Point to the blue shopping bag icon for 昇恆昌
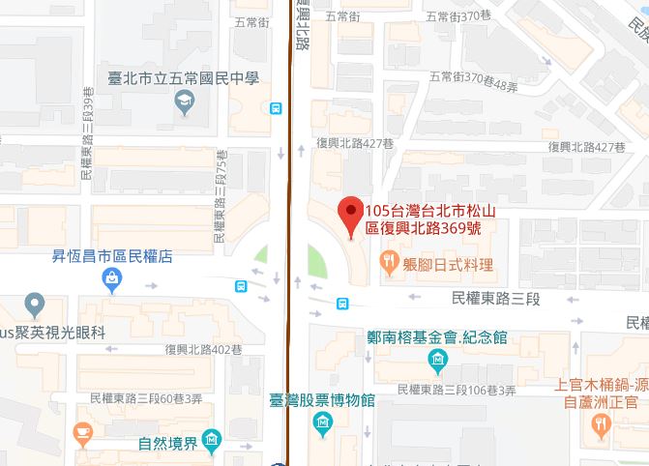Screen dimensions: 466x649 [112, 280]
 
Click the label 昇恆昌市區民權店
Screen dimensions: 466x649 [112, 257]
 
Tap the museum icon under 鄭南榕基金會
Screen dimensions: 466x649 [436, 362]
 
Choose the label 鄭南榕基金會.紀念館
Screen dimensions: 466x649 [437, 338]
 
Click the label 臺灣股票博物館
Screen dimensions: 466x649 [322, 400]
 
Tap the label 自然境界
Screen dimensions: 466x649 [167, 445]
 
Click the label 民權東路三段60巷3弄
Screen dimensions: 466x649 [145, 397]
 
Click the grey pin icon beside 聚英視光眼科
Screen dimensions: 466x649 [35, 304]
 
